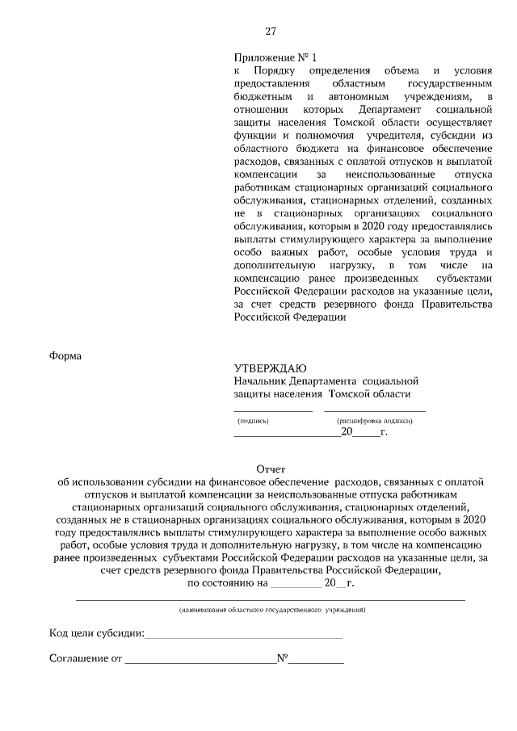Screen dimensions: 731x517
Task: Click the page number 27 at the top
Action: pyautogui.click(x=271, y=32)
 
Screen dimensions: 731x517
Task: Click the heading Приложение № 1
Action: pyautogui.click(x=275, y=58)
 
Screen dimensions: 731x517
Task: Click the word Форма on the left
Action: pyautogui.click(x=65, y=355)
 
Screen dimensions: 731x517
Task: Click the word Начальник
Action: pyautogui.click(x=262, y=381)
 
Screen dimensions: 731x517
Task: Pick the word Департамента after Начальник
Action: pyautogui.click(x=325, y=381)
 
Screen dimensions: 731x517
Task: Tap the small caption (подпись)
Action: pyautogui.click(x=253, y=422)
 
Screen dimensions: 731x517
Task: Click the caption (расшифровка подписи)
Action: pyautogui.click(x=373, y=422)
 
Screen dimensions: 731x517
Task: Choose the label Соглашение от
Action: pyautogui.click(x=86, y=658)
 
